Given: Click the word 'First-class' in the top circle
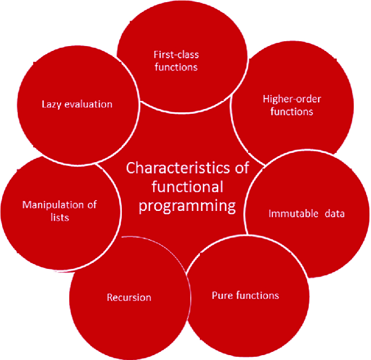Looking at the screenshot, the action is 176,55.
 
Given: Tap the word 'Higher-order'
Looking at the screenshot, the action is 292,99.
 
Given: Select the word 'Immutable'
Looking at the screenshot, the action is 294,214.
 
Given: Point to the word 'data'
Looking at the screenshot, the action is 335,214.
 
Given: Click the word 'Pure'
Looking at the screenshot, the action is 223,295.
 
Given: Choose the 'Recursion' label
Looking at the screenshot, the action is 129,298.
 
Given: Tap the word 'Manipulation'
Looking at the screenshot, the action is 53,205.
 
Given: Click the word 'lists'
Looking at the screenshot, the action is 60,217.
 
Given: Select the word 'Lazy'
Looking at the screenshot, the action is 51,105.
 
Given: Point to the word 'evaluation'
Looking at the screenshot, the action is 88,104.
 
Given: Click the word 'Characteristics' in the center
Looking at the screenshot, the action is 178,168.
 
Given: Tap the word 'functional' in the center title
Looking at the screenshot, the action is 187,187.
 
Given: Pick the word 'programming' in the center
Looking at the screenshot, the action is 187,206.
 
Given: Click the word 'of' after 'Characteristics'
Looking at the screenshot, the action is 242,168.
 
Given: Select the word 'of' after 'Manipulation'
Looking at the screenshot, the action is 92,205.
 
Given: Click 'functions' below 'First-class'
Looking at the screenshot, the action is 176,67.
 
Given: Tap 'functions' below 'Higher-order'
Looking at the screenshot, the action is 292,112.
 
